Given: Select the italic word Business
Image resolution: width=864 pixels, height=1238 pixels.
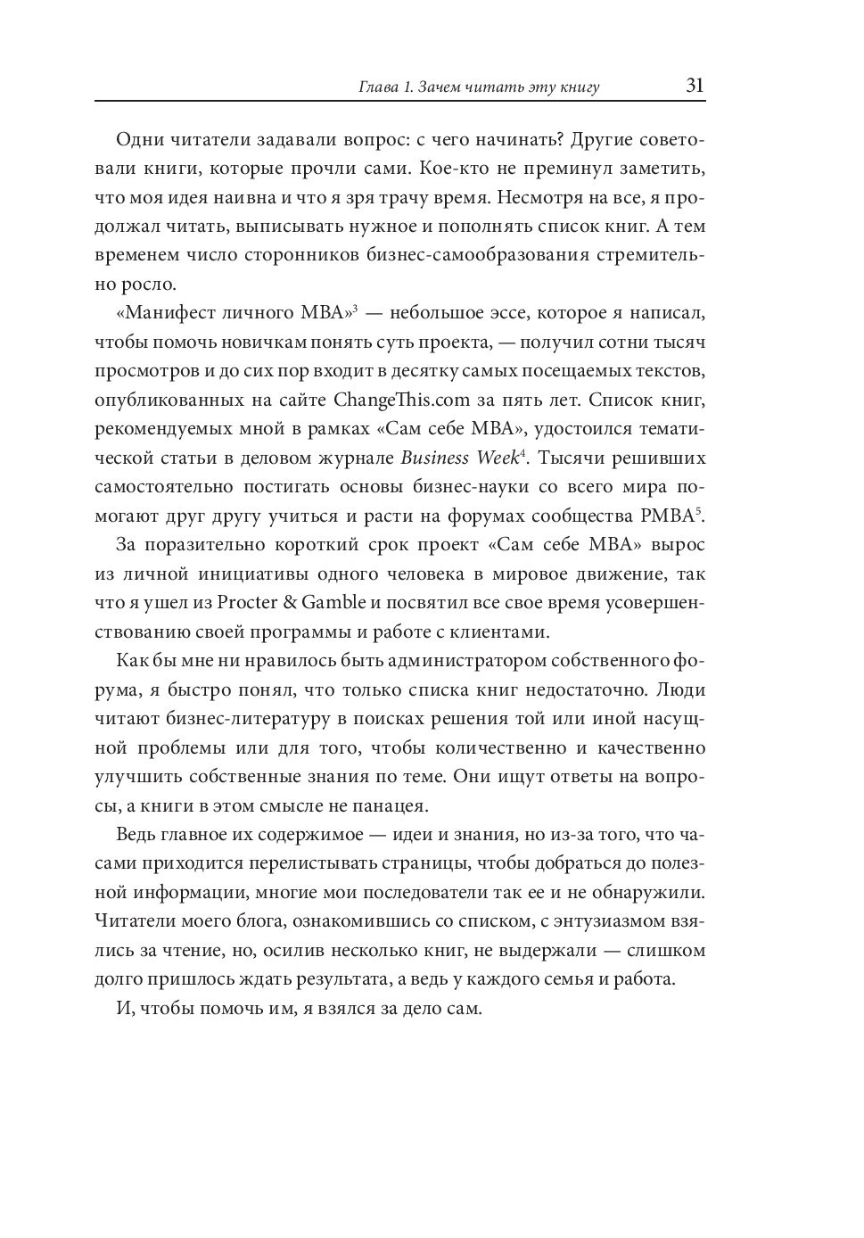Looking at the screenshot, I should click(435, 458).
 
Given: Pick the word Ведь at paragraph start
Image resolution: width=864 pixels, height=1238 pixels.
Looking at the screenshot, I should click(137, 834).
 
